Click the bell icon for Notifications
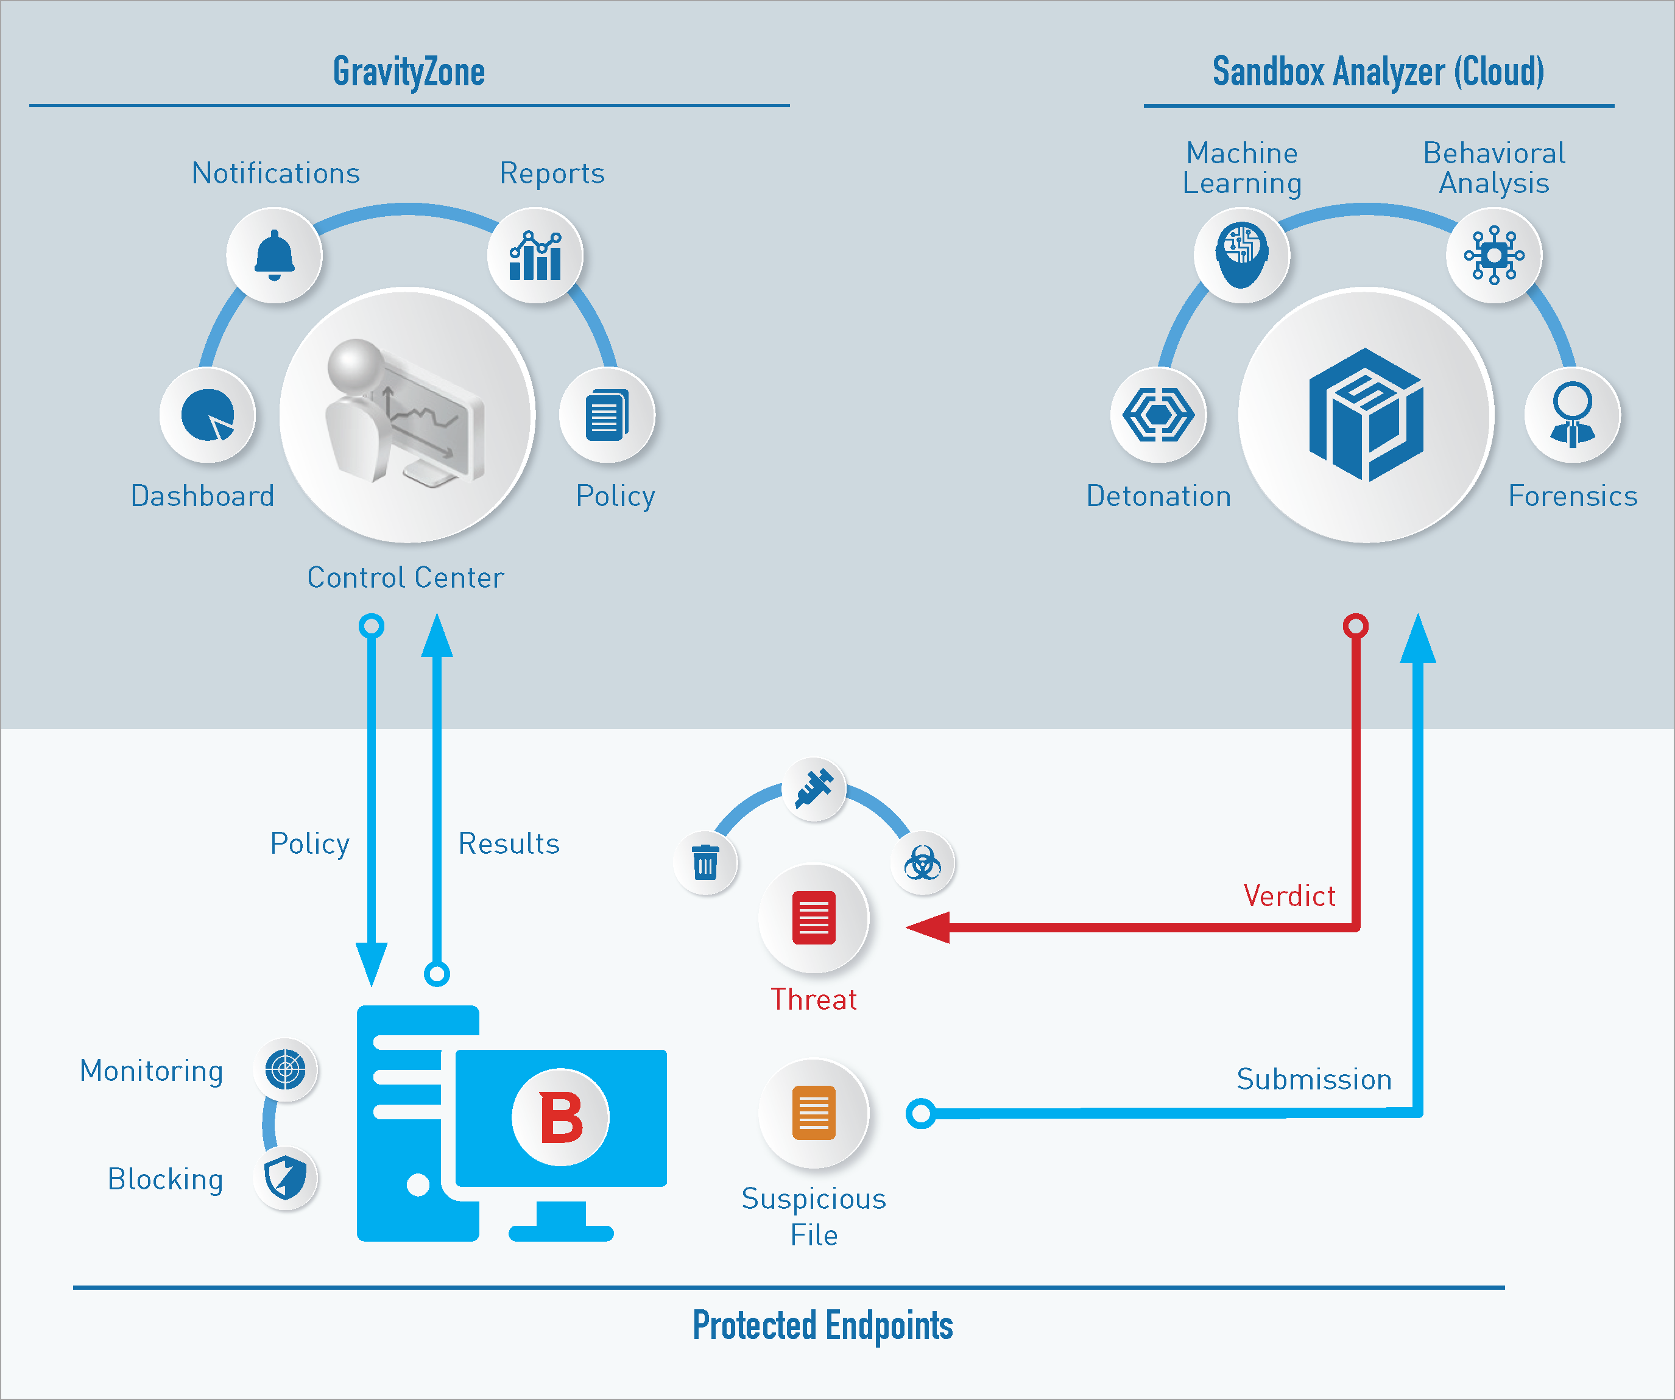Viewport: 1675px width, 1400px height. [x=274, y=255]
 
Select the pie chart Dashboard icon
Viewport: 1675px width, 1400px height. [x=207, y=415]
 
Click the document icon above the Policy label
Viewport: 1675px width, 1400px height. [x=607, y=415]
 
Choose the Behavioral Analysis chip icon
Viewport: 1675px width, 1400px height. [x=1494, y=255]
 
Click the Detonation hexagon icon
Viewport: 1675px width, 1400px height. [x=1158, y=415]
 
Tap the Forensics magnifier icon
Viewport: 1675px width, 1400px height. [x=1572, y=415]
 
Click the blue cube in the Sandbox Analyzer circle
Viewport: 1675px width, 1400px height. [x=1366, y=415]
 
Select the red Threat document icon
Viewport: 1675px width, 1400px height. [x=814, y=918]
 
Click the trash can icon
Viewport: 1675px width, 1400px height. [x=705, y=863]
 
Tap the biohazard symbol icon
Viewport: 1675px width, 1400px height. [x=923, y=863]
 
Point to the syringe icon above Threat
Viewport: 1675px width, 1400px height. [x=814, y=789]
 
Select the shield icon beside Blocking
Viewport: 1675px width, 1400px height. [x=286, y=1178]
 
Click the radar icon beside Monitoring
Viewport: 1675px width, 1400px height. [x=286, y=1069]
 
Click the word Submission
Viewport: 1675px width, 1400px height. [x=1314, y=1078]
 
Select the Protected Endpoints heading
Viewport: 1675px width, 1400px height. [x=822, y=1326]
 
